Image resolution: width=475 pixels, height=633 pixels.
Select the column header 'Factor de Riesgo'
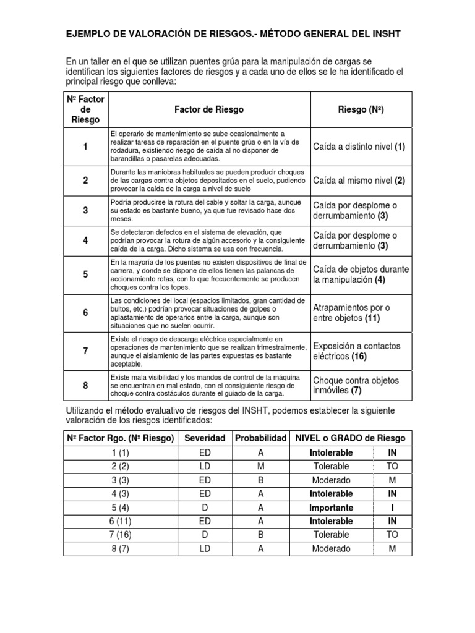209,109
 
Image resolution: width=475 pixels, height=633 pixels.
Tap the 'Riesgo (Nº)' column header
361,109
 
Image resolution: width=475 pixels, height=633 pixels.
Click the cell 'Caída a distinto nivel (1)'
359,147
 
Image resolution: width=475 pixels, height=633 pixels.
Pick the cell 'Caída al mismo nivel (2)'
359,181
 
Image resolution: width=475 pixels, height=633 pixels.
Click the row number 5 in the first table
85,274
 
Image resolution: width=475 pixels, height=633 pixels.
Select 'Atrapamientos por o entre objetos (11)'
351,313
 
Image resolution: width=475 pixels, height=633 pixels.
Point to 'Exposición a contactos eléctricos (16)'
357,351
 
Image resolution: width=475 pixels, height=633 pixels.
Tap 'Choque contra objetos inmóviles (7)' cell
356,385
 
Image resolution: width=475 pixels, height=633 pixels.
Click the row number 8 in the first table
85,385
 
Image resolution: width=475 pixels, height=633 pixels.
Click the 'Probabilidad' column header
260,438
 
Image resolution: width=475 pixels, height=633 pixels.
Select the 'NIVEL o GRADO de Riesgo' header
351,438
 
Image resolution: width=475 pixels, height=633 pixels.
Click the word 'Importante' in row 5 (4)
331,508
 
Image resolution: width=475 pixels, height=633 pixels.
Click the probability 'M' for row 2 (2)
260,466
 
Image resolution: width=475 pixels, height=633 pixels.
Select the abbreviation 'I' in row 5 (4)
392,508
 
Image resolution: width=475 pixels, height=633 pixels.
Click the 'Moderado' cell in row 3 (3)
331,480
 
